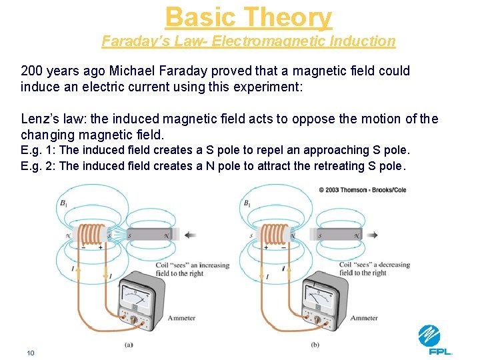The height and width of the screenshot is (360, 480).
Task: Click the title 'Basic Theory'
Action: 249,17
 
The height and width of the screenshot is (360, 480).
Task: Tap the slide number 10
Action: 31,353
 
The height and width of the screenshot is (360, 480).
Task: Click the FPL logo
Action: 435,340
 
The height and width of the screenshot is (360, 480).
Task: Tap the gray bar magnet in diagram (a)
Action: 149,235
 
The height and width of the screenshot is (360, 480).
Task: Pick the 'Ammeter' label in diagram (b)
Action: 364,318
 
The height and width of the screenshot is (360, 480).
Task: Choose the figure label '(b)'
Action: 315,345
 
